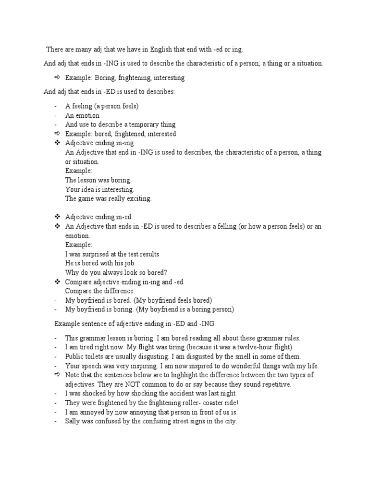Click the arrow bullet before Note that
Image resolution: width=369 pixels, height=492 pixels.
57,374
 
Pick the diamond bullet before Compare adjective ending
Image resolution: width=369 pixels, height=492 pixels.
57,282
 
